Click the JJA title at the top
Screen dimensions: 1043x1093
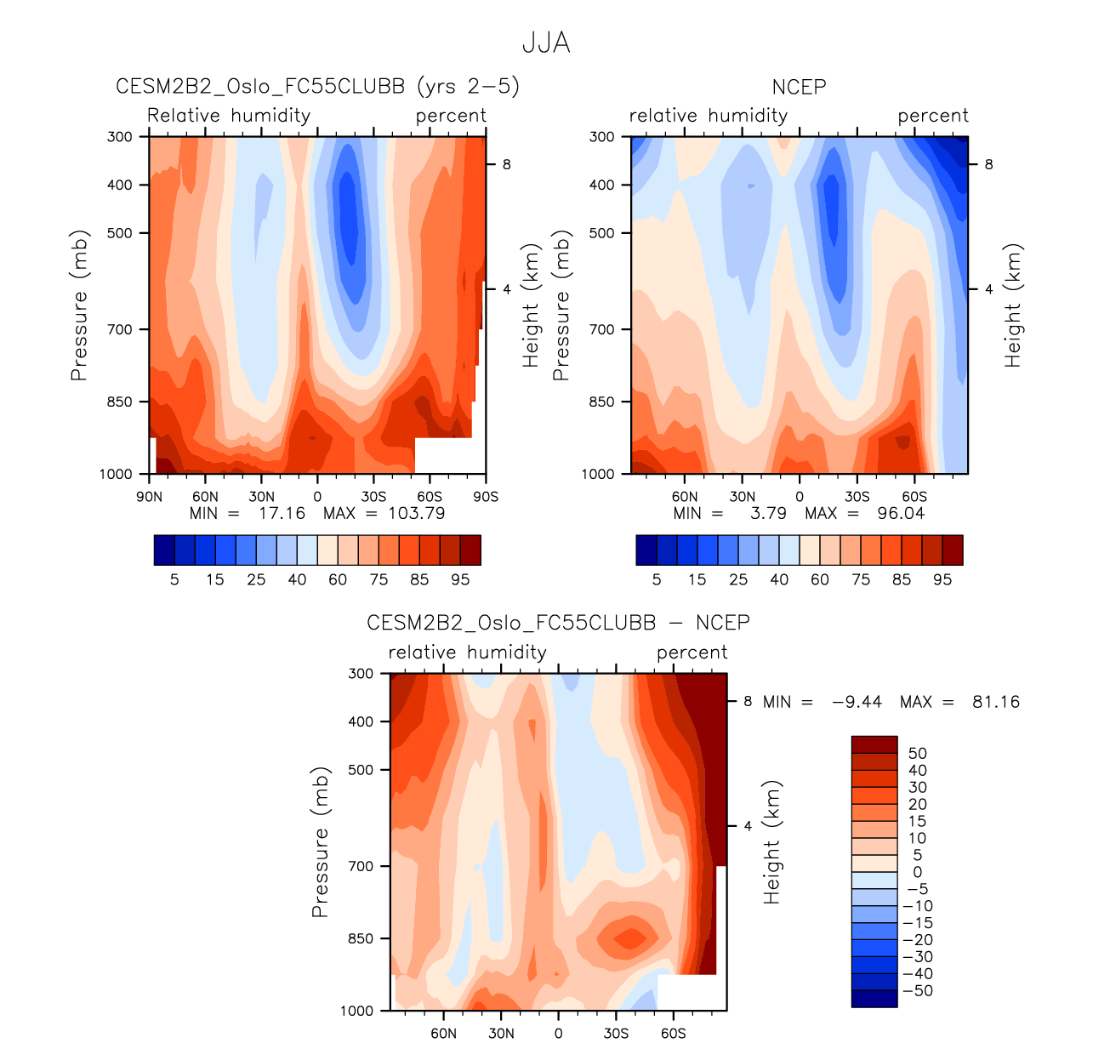point(546,43)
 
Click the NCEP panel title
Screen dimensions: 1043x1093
point(799,87)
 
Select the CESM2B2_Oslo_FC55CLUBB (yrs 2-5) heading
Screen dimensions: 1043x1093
point(317,87)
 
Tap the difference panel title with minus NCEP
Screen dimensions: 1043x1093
point(558,623)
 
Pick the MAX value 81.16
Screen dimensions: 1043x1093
point(995,702)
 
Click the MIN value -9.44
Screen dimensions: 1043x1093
point(857,702)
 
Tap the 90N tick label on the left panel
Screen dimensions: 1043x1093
point(149,497)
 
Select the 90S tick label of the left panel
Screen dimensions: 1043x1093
point(486,497)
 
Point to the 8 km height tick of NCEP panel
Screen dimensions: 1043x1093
point(988,164)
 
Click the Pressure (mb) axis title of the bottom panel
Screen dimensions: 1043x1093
point(320,842)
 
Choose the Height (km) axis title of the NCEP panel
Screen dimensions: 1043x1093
point(1012,305)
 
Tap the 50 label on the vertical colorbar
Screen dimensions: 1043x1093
point(917,753)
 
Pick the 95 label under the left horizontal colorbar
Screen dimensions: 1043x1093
point(460,579)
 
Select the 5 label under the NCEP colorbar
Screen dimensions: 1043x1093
point(657,579)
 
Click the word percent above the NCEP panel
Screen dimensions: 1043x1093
point(933,116)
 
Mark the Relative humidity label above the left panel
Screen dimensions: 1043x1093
point(229,116)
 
